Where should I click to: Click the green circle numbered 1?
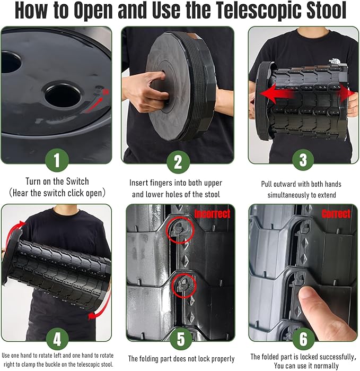point(57,160)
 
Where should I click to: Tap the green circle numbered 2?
point(178,162)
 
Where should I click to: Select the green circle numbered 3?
point(303,160)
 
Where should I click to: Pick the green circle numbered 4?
point(57,339)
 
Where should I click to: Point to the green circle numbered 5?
point(181,339)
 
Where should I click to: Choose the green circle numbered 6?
point(303,339)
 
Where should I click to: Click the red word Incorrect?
point(212,214)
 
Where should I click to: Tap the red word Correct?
point(336,214)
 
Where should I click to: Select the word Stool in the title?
point(323,10)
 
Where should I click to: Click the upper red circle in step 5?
point(180,230)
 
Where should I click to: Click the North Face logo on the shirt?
point(335,61)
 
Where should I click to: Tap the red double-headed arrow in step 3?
point(308,94)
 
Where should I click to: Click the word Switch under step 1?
point(77,182)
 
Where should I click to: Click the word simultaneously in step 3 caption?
point(288,195)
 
